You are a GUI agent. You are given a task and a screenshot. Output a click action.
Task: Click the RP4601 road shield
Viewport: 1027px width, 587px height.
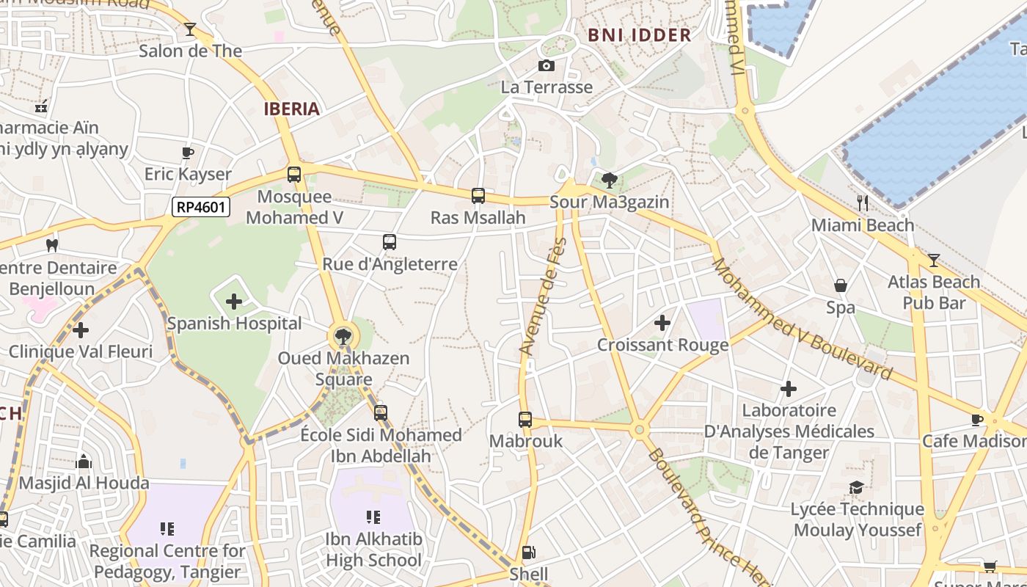[202, 208]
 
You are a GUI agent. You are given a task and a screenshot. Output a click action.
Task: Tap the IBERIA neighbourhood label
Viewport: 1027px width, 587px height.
[292, 109]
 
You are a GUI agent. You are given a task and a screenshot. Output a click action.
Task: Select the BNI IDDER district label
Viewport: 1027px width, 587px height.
[640, 34]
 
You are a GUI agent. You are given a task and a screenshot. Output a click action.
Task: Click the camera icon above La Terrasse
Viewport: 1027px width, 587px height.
[546, 66]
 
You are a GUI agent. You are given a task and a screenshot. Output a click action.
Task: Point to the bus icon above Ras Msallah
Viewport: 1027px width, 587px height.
[478, 196]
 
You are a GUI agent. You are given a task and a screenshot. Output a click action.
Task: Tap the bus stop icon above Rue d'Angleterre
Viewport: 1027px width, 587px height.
[390, 242]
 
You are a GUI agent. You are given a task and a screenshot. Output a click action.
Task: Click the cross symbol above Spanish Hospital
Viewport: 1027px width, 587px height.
[234, 302]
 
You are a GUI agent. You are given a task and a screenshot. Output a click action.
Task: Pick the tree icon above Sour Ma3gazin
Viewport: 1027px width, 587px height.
[609, 180]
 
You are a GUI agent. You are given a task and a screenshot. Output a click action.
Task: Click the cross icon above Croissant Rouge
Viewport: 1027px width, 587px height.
[662, 323]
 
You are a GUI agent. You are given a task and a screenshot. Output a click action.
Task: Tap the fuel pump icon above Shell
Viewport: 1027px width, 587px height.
[528, 553]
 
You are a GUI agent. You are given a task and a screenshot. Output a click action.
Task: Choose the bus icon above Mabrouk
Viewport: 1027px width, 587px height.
[525, 420]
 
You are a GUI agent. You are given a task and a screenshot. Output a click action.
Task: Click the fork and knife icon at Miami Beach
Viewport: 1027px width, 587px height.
[863, 203]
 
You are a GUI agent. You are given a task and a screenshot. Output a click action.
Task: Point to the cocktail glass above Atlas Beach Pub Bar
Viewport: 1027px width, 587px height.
[933, 260]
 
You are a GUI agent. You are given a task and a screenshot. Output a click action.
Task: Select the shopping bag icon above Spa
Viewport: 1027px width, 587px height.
[841, 285]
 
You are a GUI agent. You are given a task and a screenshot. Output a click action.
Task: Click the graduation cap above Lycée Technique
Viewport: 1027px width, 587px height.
[856, 488]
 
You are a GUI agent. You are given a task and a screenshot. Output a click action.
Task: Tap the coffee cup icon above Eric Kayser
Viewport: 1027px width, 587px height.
[188, 153]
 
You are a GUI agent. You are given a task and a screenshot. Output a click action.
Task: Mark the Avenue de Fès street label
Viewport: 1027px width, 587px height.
[544, 296]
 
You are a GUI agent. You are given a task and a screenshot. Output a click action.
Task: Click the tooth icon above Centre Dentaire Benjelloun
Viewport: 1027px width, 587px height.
[51, 245]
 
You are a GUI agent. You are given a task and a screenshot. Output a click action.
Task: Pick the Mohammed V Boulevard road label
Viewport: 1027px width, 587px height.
[803, 320]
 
